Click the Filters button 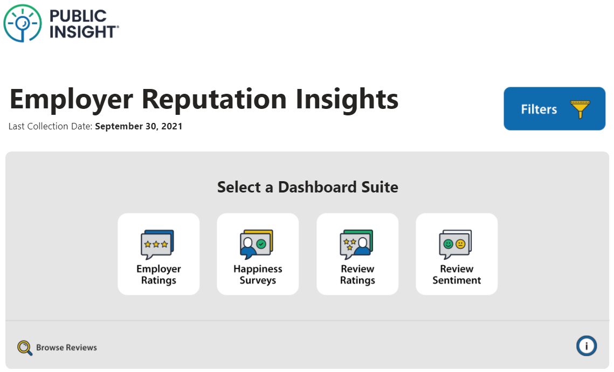[554, 108]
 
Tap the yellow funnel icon [580, 109]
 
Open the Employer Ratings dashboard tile [158, 254]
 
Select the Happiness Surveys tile [258, 254]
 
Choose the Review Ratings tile [357, 254]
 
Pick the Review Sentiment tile [457, 254]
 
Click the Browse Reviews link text [66, 347]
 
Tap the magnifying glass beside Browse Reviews [25, 348]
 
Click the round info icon [586, 346]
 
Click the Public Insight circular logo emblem [23, 23]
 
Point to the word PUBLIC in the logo [78, 16]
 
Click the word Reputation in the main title [214, 99]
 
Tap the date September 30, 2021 [139, 126]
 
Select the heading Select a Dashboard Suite [308, 187]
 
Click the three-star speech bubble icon [157, 244]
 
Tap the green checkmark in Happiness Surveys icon [261, 244]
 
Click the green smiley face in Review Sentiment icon [448, 244]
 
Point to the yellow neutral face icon [460, 244]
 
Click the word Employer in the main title [71, 99]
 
